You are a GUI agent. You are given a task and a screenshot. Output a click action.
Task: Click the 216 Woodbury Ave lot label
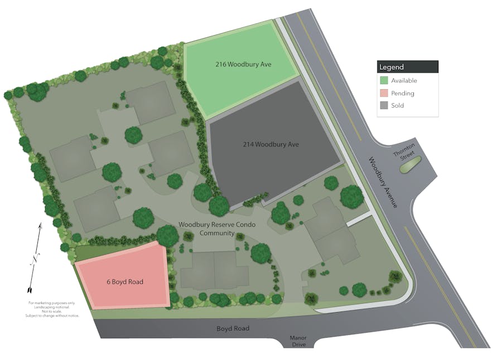243,64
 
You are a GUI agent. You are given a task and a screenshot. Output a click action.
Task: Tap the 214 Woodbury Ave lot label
271,144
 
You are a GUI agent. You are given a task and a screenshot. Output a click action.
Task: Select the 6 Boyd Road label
125,281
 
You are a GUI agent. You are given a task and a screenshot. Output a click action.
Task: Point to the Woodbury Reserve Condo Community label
206,228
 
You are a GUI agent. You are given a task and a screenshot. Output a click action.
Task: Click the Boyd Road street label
233,328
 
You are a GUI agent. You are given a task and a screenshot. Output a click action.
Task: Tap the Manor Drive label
298,341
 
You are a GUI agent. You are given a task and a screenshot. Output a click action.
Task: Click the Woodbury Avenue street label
382,183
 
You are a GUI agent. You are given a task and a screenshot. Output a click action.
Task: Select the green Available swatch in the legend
384,81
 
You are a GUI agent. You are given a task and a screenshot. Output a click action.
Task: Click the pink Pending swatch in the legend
384,93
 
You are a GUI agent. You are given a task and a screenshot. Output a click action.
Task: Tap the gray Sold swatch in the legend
384,105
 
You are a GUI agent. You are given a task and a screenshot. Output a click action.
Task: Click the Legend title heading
392,67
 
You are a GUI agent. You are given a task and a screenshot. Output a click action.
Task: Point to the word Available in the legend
404,81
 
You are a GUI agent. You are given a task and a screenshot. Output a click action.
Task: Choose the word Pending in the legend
403,93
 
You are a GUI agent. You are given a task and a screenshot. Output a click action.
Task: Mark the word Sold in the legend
397,105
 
